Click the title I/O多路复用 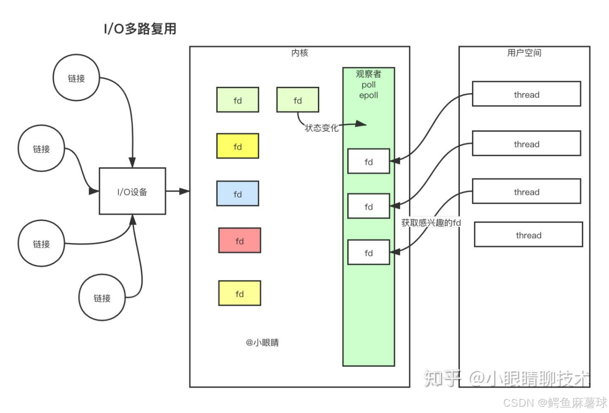tap(140, 29)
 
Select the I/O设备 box tap(132, 191)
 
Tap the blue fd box tap(238, 194)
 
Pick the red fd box tap(240, 241)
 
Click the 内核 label tap(300, 53)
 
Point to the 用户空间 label tap(524, 53)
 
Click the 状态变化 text tap(321, 128)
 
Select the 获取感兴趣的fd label tap(430, 223)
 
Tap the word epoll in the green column tap(369, 95)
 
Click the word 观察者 tap(369, 74)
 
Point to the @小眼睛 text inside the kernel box tap(262, 343)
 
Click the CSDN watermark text tap(555, 403)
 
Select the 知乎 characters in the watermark tap(441, 378)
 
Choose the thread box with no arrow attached tap(528, 235)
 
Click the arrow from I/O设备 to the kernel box tap(178, 191)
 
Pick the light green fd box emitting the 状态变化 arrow tap(297, 100)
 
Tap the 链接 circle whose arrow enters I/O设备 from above tap(76, 78)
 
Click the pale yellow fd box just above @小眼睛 tap(240, 293)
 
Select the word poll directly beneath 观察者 tap(369, 85)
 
